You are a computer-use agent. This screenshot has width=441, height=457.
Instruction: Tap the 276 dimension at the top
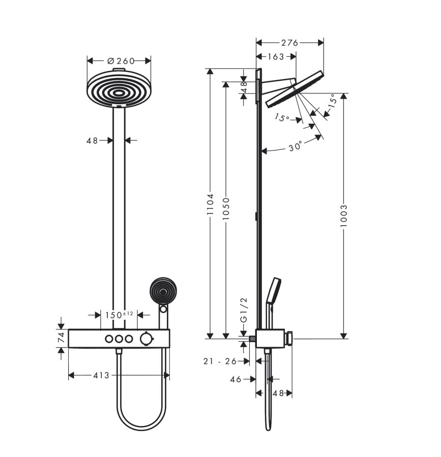pos(289,43)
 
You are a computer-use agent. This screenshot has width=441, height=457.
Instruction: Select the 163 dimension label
pos(276,56)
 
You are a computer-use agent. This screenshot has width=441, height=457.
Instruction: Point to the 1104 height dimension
pos(210,204)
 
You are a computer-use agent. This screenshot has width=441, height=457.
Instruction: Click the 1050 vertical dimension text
pos(226,209)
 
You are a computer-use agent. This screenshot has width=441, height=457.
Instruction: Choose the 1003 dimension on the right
pos(344,216)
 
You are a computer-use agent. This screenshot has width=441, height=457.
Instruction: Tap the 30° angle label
pos(295,146)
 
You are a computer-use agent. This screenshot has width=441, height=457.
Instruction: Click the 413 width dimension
pos(101,375)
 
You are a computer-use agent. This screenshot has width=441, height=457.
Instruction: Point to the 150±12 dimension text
pos(119,315)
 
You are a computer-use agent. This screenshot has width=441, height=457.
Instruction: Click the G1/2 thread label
pos(244,310)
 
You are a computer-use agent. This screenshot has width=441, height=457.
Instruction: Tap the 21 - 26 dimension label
pos(220,361)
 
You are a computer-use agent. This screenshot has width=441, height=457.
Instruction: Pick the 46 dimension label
pos(236,379)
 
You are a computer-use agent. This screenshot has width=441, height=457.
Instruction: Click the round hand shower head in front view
pos(163,290)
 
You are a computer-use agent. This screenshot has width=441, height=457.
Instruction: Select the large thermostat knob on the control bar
pos(146,339)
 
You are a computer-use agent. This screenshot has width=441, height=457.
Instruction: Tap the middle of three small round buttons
pos(119,339)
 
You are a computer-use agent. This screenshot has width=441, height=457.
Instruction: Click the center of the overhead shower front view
pos(119,93)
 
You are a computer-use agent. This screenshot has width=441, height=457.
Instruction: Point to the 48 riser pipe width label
pos(92,141)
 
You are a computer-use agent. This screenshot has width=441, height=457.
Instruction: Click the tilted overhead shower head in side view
pos(295,89)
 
